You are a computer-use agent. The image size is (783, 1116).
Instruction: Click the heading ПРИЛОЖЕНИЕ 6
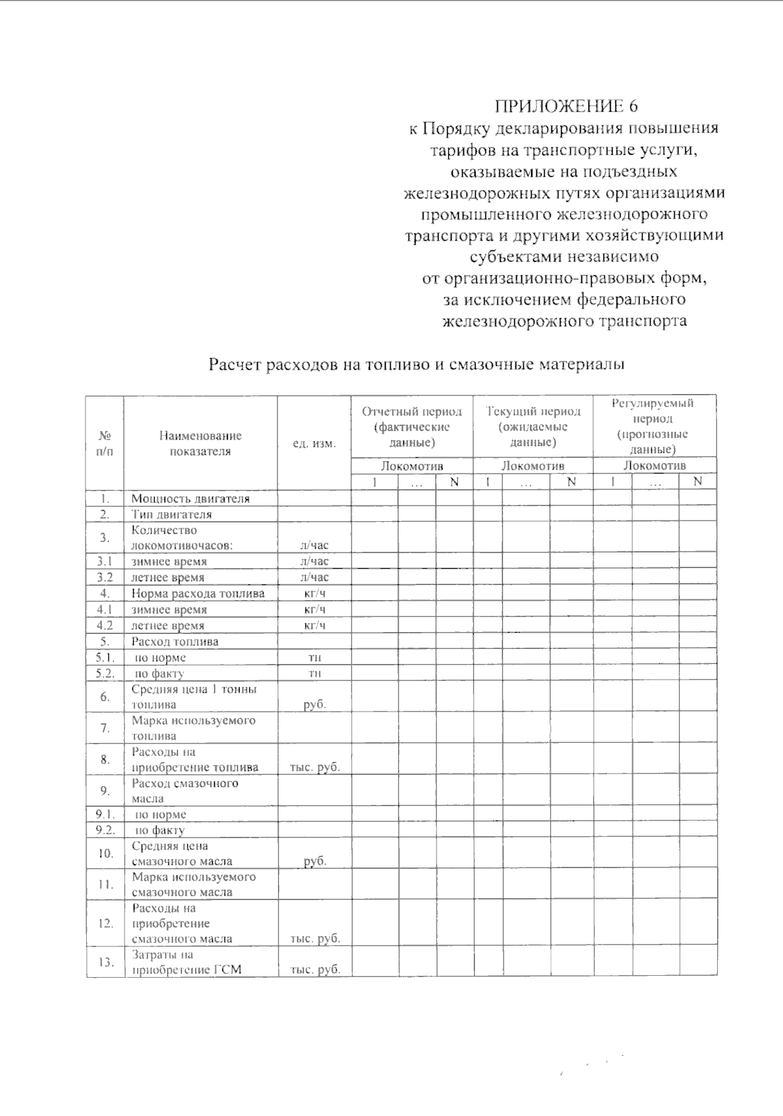pos(565,106)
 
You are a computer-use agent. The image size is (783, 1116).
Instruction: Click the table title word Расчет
pos(235,365)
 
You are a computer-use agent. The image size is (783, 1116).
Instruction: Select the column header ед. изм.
pos(314,444)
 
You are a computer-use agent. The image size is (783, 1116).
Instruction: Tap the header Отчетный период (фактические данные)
pos(412,427)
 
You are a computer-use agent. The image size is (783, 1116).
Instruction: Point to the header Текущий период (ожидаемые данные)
pos(532,427)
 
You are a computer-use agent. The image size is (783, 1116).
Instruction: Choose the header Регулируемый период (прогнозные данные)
pos(652,426)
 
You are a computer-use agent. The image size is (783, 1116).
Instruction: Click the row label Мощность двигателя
pos(191,499)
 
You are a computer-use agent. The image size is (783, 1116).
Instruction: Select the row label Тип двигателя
pos(171,515)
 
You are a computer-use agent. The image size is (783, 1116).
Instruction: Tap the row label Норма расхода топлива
pos(198,594)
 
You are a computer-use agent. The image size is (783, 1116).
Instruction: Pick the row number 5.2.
pos(105,673)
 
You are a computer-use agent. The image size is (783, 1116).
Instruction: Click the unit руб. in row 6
pos(315,704)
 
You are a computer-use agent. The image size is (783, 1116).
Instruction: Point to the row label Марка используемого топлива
pos(193,728)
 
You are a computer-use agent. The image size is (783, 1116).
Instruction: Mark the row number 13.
pos(105,962)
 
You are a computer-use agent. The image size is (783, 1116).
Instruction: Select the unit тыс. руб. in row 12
pos(315,939)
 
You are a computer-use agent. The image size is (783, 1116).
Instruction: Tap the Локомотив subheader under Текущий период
pos(532,466)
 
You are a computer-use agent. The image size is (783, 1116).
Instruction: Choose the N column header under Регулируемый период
pos(697,482)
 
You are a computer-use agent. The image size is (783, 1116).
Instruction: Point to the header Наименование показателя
pos(200,444)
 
